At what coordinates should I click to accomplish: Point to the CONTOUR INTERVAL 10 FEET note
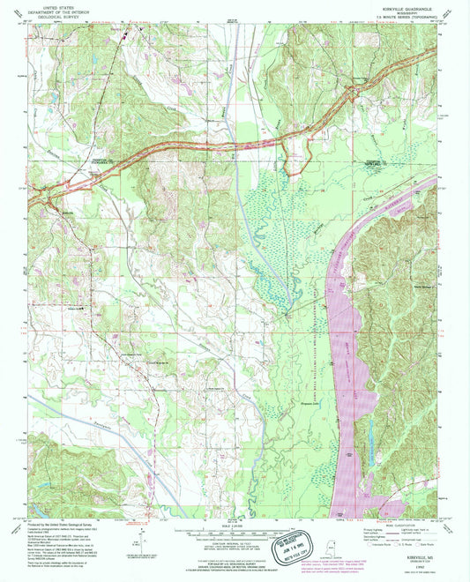click(231, 548)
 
